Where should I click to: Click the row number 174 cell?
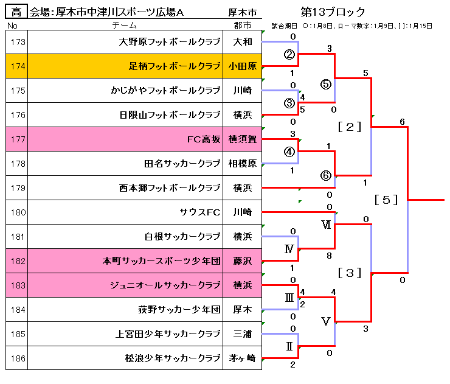17,66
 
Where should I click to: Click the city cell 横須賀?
243,139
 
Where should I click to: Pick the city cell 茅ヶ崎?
243,358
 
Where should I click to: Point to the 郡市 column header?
243,26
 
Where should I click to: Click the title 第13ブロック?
333,12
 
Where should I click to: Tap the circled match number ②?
289,55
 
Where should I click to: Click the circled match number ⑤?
326,84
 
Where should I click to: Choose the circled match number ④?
289,151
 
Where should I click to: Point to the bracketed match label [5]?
386,200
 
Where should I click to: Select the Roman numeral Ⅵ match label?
326,225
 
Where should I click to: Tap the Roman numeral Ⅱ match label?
289,346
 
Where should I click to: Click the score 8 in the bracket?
329,256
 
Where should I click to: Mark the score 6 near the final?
402,122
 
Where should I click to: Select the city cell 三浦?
243,334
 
